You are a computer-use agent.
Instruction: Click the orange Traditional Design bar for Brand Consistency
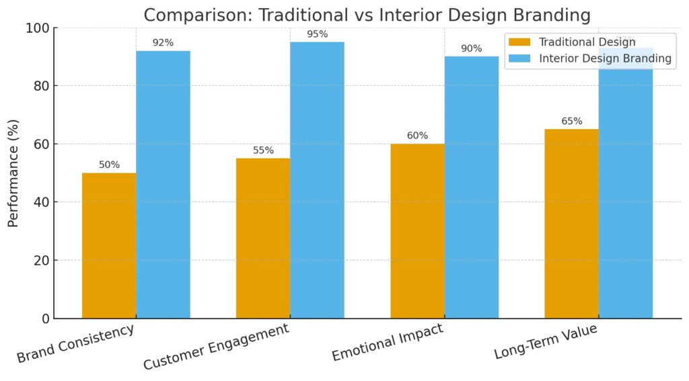click(x=109, y=245)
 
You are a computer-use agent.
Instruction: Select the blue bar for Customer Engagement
click(x=317, y=180)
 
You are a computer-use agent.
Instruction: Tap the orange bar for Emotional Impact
click(x=417, y=230)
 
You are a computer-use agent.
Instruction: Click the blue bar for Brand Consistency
click(x=163, y=184)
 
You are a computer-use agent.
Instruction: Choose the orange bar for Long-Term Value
click(x=571, y=223)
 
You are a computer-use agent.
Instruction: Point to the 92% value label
click(x=163, y=43)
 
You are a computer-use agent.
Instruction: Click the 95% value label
click(x=317, y=34)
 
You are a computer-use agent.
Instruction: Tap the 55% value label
click(x=263, y=151)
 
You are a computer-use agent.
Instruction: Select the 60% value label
click(x=417, y=136)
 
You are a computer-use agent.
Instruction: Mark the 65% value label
click(x=571, y=122)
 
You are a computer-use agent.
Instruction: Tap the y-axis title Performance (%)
click(x=13, y=173)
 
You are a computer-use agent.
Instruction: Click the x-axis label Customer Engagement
click(x=217, y=347)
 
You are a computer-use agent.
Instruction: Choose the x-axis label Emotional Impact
click(x=387, y=343)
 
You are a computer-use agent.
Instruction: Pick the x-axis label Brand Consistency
click(x=75, y=344)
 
